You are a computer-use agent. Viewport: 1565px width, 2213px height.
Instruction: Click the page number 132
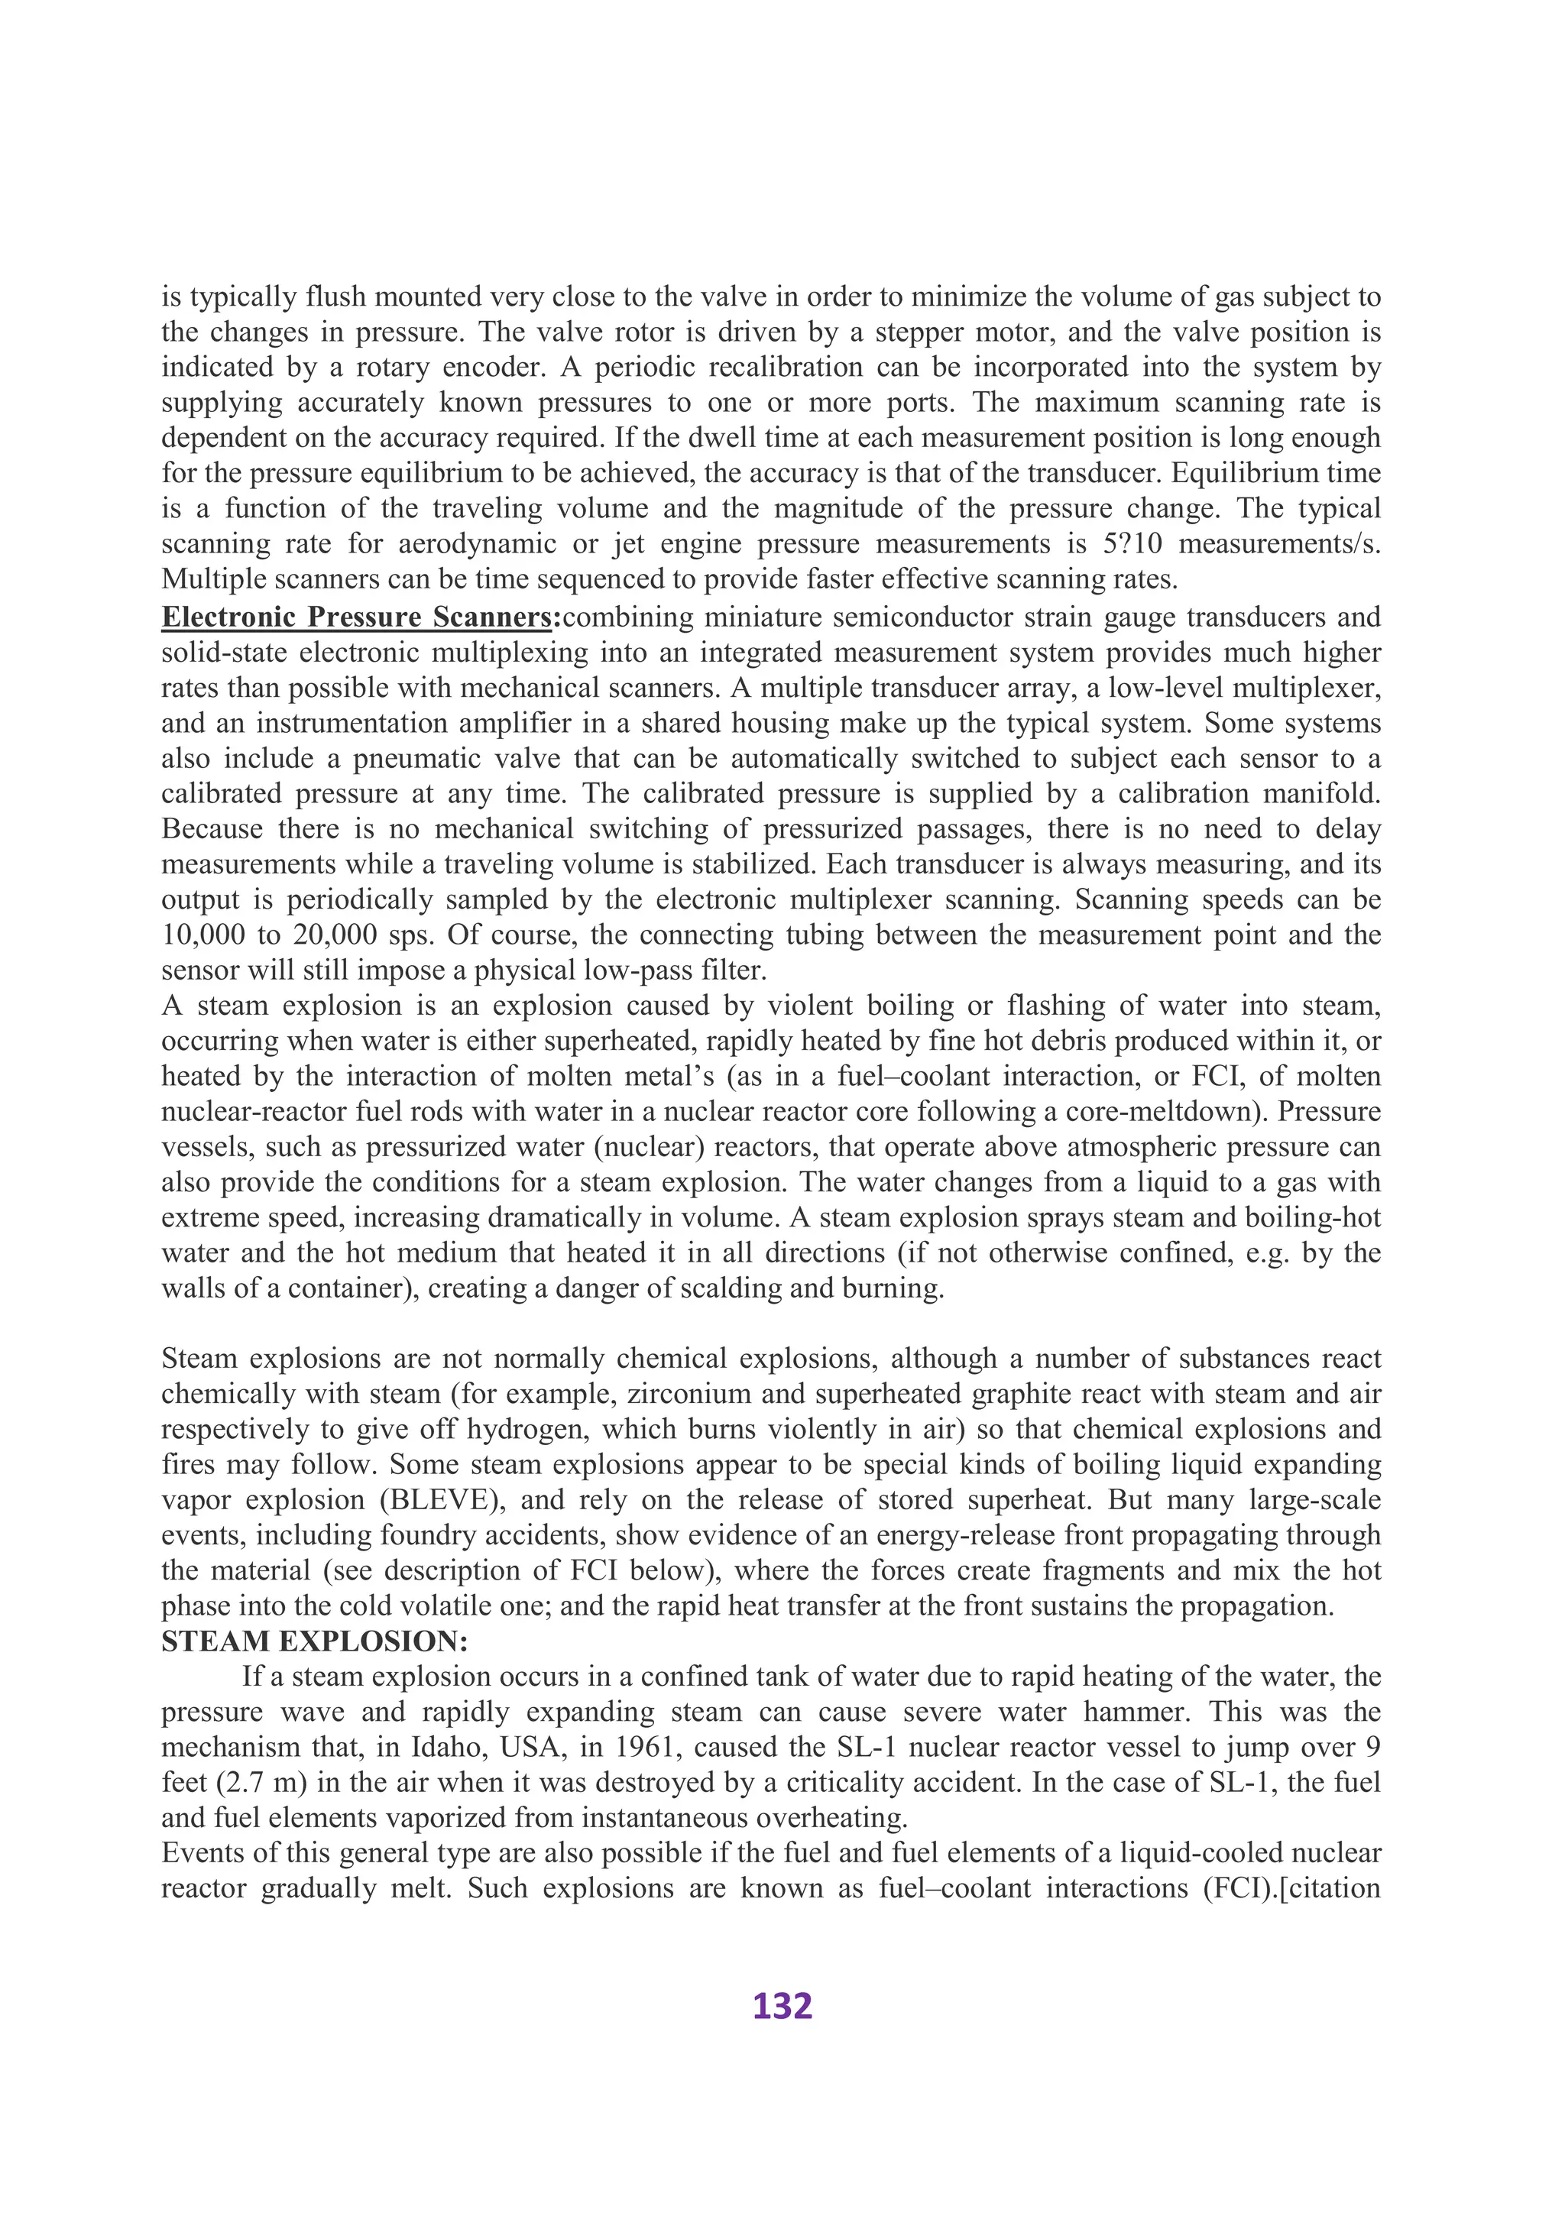(782, 2006)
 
